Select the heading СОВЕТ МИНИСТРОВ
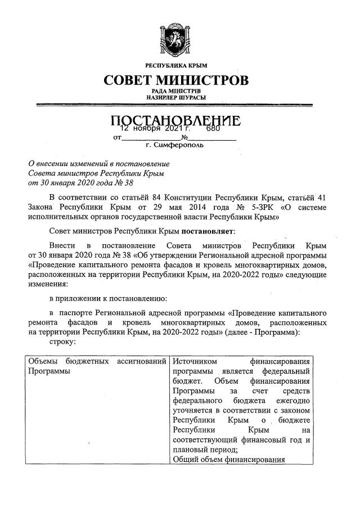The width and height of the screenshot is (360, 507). pyautogui.click(x=177, y=80)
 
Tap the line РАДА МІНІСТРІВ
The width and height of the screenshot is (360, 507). pyautogui.click(x=177, y=91)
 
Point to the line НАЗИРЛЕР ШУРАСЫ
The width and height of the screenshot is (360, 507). pyautogui.click(x=177, y=98)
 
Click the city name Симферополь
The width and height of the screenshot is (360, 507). pyautogui.click(x=178, y=145)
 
